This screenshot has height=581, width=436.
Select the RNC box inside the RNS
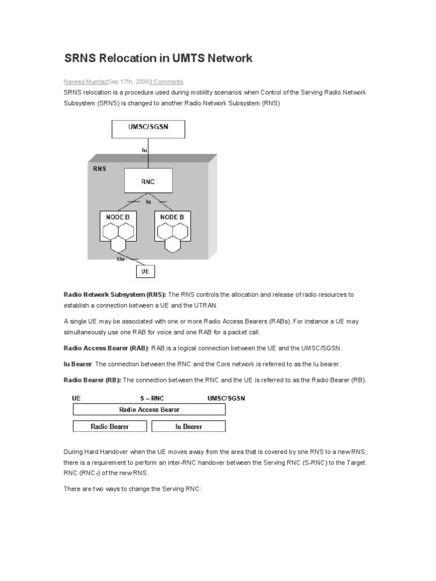(147, 182)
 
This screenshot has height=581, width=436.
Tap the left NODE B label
(118, 216)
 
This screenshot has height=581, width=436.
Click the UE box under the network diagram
(145, 272)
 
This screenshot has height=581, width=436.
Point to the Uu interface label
(120, 259)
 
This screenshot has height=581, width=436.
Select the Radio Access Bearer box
(149, 409)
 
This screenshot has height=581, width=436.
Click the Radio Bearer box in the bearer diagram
(110, 426)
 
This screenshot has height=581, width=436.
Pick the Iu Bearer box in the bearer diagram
(188, 426)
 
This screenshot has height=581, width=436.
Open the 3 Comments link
(166, 82)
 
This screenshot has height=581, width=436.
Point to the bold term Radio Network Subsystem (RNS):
(115, 294)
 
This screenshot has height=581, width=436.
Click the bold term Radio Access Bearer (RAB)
(106, 348)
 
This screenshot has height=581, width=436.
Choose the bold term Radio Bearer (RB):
(93, 380)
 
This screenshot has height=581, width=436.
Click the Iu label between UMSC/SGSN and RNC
(144, 150)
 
